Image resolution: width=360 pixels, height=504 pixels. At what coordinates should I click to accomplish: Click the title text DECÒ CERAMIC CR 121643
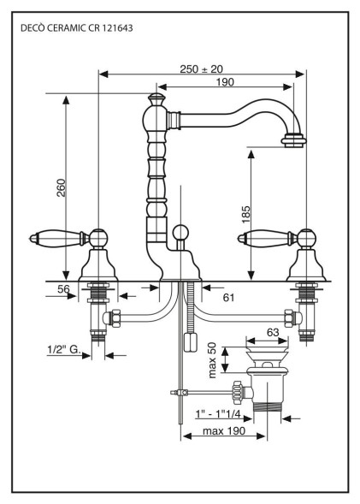pyautogui.click(x=76, y=28)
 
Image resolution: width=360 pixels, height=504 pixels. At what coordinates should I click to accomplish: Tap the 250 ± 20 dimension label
pyautogui.click(x=201, y=68)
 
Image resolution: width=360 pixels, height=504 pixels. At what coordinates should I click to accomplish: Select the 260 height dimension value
pyautogui.click(x=61, y=187)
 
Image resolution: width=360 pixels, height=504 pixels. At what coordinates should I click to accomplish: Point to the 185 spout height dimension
pyautogui.click(x=245, y=215)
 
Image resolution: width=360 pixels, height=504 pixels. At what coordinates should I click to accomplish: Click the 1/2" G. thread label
pyautogui.click(x=64, y=349)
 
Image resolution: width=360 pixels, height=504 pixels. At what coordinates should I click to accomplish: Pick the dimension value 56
pyautogui.click(x=63, y=289)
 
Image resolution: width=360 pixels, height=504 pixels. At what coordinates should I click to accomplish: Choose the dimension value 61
pyautogui.click(x=228, y=298)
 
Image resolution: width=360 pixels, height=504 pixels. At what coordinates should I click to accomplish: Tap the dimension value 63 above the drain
pyautogui.click(x=273, y=332)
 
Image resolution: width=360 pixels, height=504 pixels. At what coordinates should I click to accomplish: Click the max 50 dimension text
pyautogui.click(x=212, y=360)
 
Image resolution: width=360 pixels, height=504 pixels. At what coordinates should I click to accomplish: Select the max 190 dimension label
pyautogui.click(x=224, y=430)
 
